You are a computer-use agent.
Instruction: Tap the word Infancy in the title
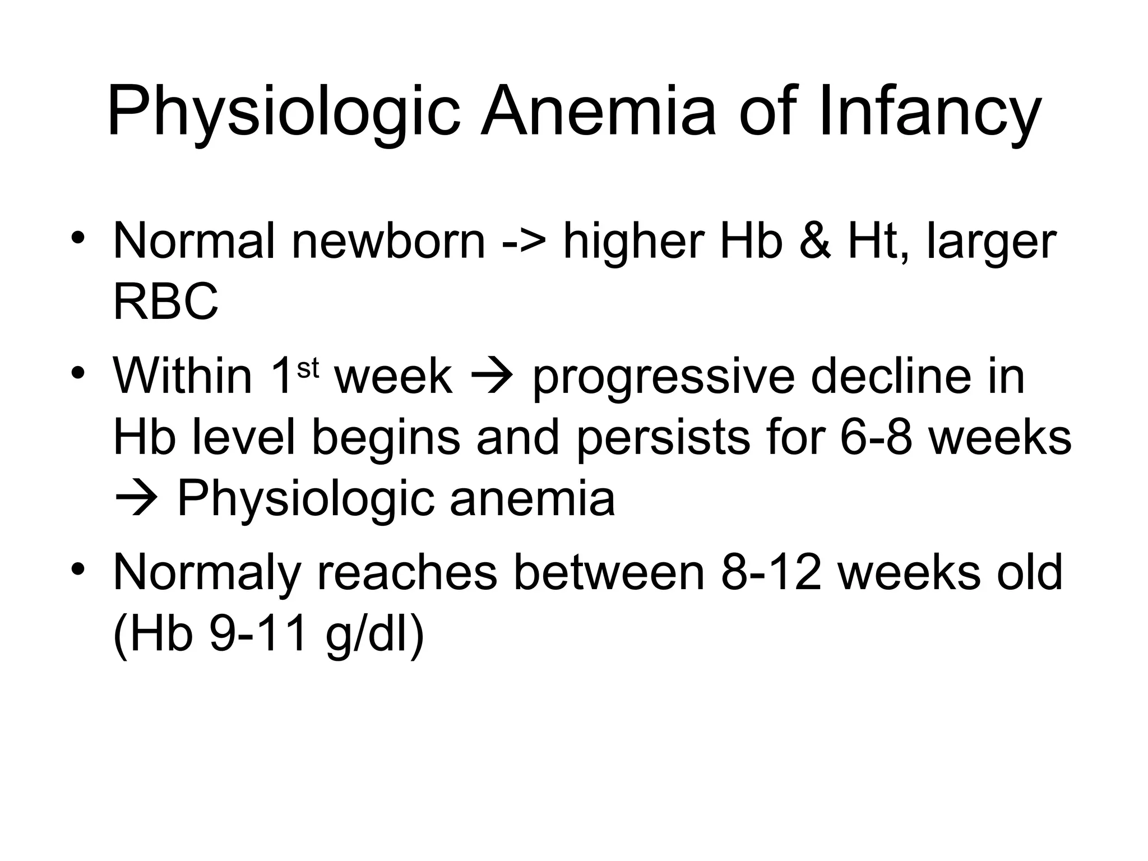(929, 111)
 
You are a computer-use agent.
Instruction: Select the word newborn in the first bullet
(388, 242)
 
